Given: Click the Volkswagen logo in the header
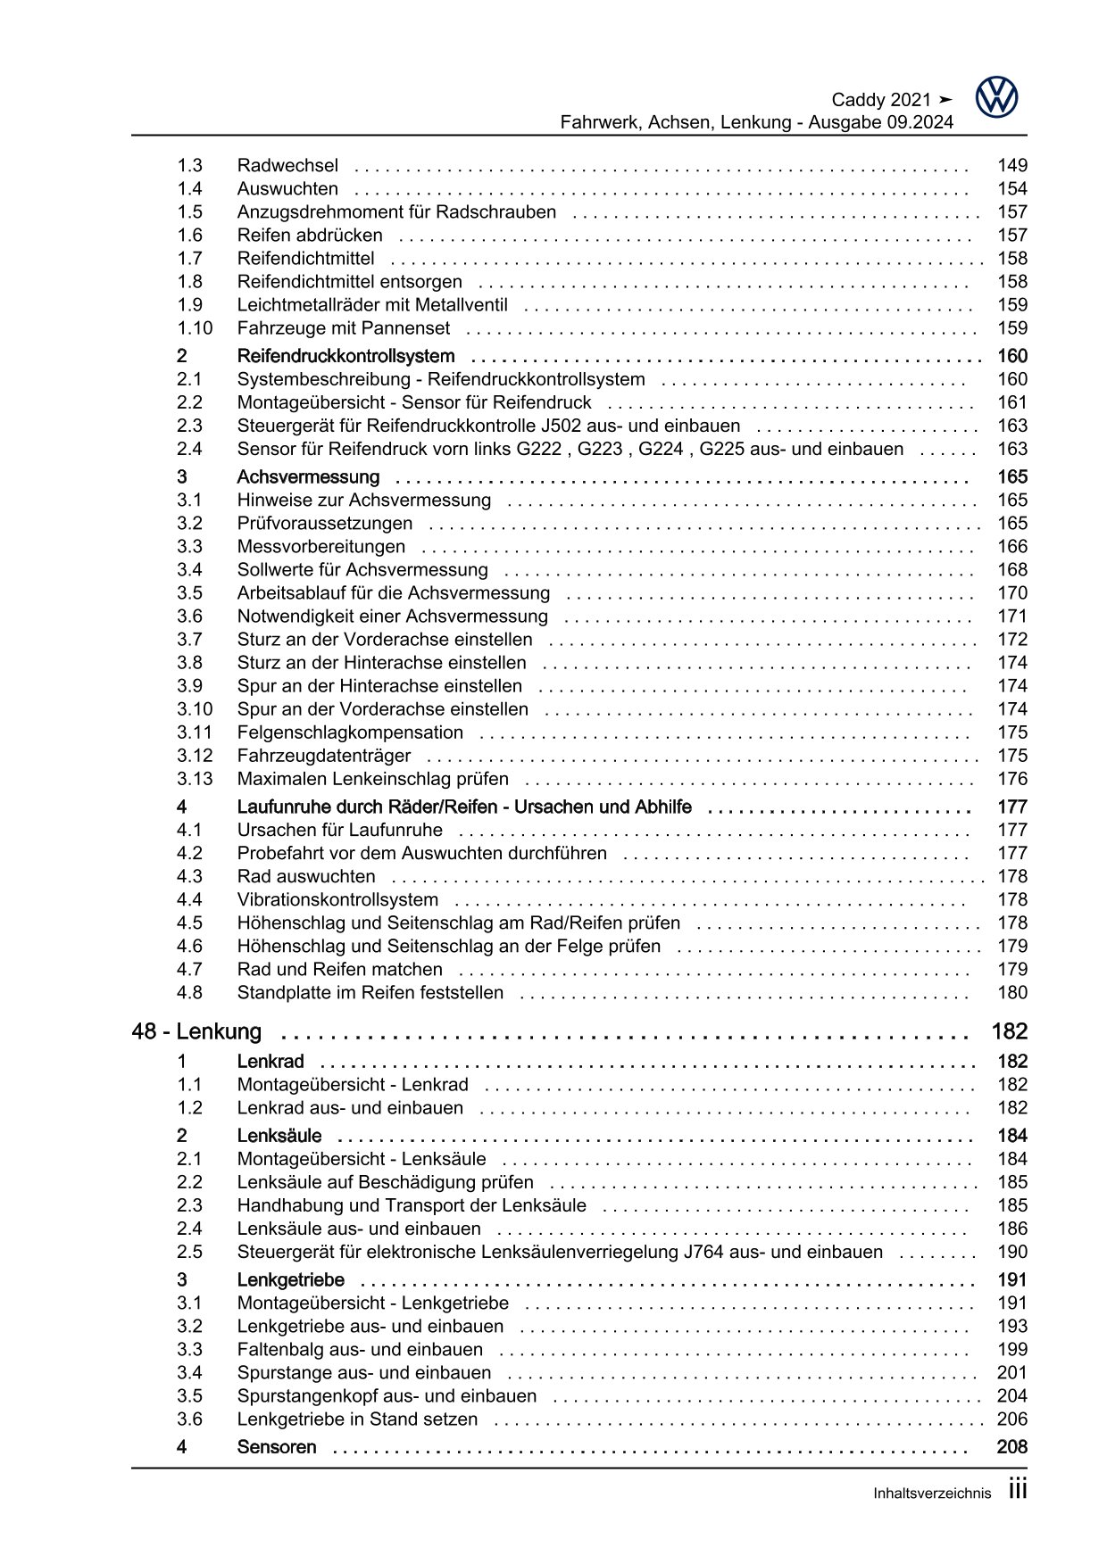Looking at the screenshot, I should [x=996, y=97].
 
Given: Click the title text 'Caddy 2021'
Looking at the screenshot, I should [x=881, y=100].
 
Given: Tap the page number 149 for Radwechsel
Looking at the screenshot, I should [x=1012, y=165].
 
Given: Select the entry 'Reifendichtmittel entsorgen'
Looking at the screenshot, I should [x=349, y=281].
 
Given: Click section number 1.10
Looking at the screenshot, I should [x=194, y=327].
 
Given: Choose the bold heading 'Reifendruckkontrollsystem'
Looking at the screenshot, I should [x=345, y=356].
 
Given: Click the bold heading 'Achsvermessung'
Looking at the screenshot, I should [x=308, y=476].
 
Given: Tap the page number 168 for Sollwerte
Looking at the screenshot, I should [x=1012, y=569].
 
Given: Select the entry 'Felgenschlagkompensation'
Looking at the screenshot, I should [x=350, y=732].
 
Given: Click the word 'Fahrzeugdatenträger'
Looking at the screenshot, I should [x=324, y=756].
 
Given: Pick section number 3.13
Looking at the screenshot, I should [x=194, y=779].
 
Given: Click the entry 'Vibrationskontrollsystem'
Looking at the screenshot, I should [x=337, y=899].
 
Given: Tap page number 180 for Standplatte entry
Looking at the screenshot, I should [x=1012, y=992].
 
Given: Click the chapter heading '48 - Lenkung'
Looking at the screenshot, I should [x=196, y=1031].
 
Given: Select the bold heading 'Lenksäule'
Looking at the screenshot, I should [x=279, y=1136].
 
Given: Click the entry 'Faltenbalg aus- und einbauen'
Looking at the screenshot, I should [x=360, y=1349].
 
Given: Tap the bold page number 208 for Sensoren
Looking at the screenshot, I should [x=1012, y=1446].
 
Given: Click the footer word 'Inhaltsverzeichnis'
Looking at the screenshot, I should [x=931, y=1494].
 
